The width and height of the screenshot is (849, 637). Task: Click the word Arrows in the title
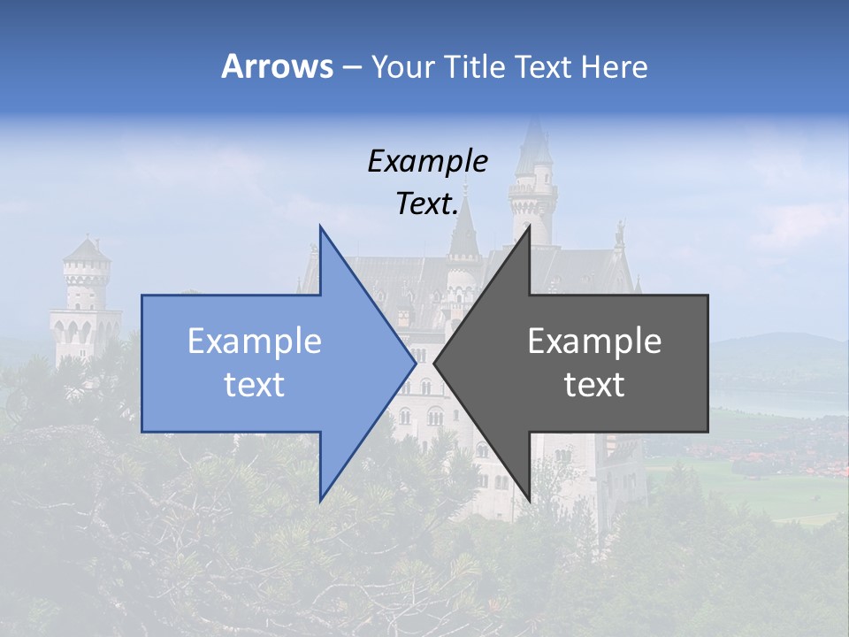click(x=277, y=66)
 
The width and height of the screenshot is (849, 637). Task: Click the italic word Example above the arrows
click(x=427, y=161)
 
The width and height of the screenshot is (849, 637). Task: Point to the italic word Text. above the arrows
click(x=427, y=203)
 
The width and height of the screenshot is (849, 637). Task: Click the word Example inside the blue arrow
click(x=254, y=342)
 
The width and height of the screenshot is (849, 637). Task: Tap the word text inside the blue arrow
click(x=254, y=385)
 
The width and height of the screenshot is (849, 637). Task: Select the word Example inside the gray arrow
click(x=594, y=342)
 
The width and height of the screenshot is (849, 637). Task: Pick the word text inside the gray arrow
click(x=594, y=385)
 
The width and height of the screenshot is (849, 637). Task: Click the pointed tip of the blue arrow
click(x=414, y=363)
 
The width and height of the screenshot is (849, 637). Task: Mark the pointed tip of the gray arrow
click(x=436, y=363)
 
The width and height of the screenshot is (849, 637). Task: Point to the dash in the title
click(x=351, y=67)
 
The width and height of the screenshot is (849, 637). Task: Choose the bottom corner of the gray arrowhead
click(x=529, y=500)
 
